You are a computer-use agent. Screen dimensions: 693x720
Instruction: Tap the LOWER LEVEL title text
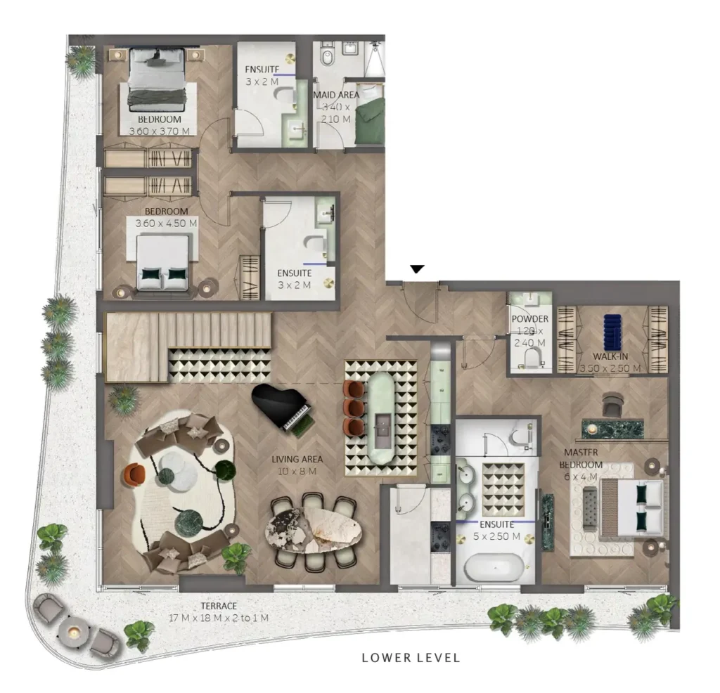coord(411,658)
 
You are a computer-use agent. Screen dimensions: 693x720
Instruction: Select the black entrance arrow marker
coord(418,269)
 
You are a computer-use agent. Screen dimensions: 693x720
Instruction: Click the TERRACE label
coord(217,606)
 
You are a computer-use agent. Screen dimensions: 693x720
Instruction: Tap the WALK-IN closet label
coord(610,357)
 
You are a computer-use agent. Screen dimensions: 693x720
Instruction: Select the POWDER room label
coord(530,319)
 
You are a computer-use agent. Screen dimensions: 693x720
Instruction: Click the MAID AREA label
coord(336,95)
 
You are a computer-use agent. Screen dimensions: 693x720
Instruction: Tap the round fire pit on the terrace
coord(72,633)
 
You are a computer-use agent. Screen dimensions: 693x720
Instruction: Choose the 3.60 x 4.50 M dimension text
coord(167,223)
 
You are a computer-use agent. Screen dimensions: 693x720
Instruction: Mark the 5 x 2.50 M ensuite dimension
coord(496,536)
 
